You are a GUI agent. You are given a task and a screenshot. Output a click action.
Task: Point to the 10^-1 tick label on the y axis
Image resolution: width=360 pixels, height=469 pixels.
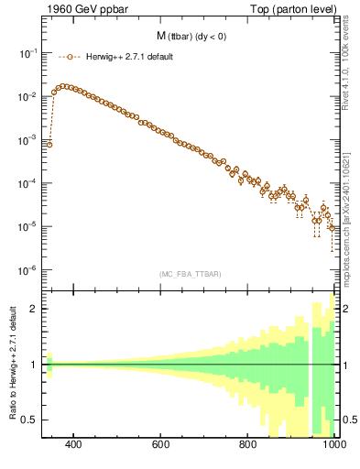click(x=27, y=53)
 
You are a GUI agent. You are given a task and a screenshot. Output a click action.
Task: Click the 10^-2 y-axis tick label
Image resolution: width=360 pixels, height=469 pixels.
click(x=27, y=97)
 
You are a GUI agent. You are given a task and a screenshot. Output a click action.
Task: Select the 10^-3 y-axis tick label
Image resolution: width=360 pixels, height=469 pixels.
click(x=27, y=140)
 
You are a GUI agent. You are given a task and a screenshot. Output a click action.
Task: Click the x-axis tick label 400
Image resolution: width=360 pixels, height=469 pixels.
click(x=74, y=445)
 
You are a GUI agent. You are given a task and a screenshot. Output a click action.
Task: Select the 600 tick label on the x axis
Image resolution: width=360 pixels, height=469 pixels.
click(x=161, y=445)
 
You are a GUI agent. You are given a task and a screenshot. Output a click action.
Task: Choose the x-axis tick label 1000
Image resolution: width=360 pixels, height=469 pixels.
click(x=332, y=445)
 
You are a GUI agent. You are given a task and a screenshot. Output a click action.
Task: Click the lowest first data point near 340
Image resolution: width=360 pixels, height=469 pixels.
click(x=49, y=144)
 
